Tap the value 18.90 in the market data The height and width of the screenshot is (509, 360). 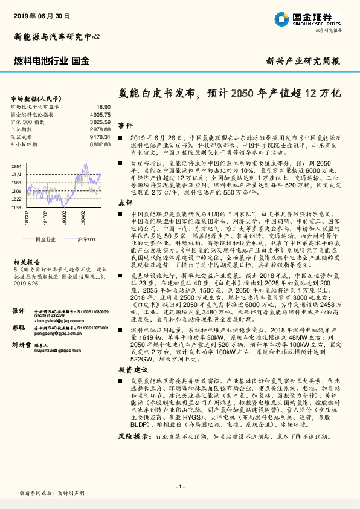104,106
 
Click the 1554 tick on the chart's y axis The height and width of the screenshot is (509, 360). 16,166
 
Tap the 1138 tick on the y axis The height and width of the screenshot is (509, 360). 16,207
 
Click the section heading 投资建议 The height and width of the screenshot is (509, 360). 132,369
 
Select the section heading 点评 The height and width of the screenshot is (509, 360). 125,203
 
